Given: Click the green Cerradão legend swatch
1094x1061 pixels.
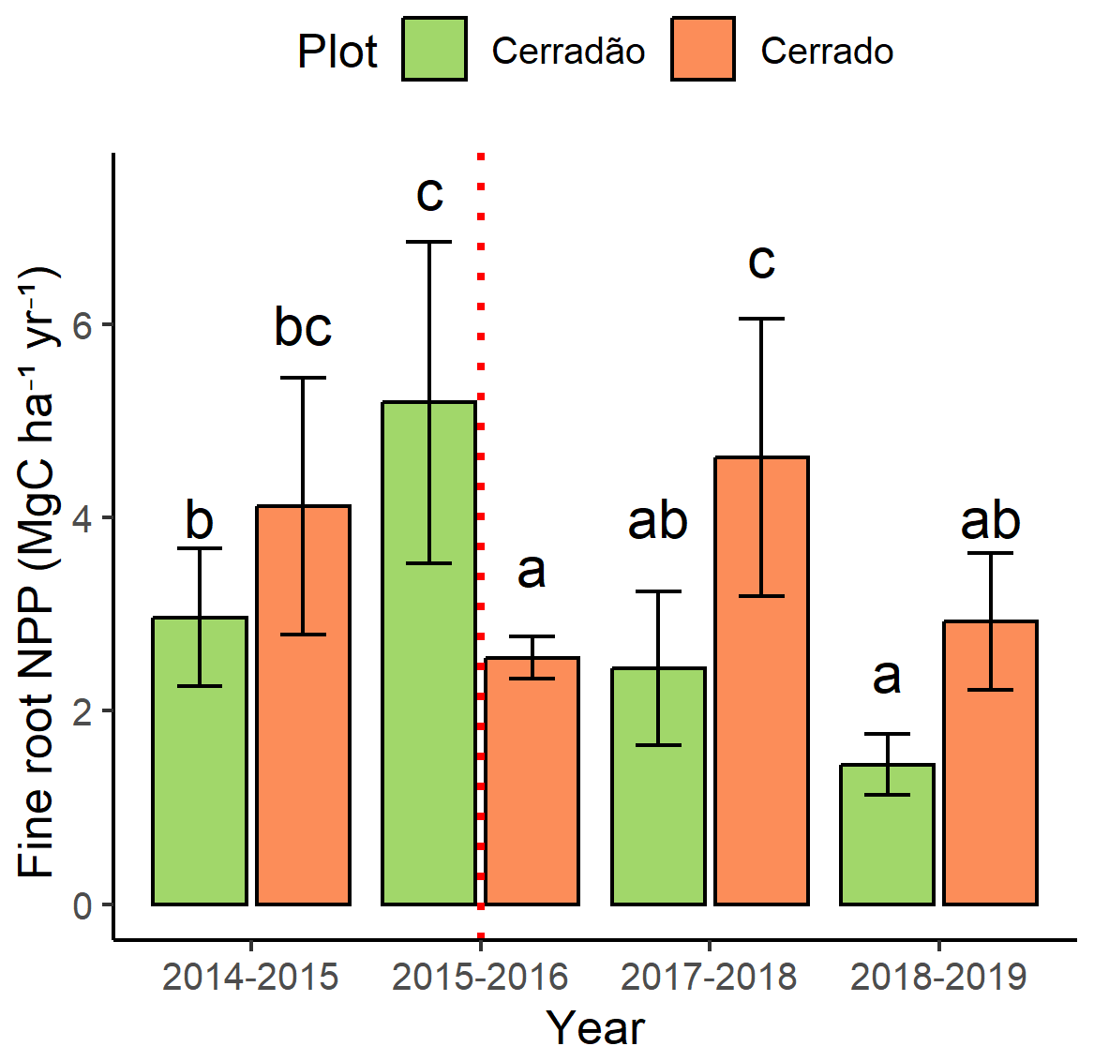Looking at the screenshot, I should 434,49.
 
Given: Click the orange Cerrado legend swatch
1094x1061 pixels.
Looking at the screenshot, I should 703,49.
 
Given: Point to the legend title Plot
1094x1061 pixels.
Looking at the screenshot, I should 337,51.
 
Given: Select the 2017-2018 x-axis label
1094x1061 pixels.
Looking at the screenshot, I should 709,978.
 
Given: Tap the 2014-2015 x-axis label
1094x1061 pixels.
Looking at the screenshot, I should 250,978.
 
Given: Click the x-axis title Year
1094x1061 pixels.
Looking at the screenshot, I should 595,1028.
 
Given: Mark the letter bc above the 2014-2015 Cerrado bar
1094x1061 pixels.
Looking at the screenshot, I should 303,326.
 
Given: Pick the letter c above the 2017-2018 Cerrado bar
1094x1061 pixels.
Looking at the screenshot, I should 761,261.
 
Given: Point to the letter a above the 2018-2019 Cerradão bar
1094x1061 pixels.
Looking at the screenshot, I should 887,677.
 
